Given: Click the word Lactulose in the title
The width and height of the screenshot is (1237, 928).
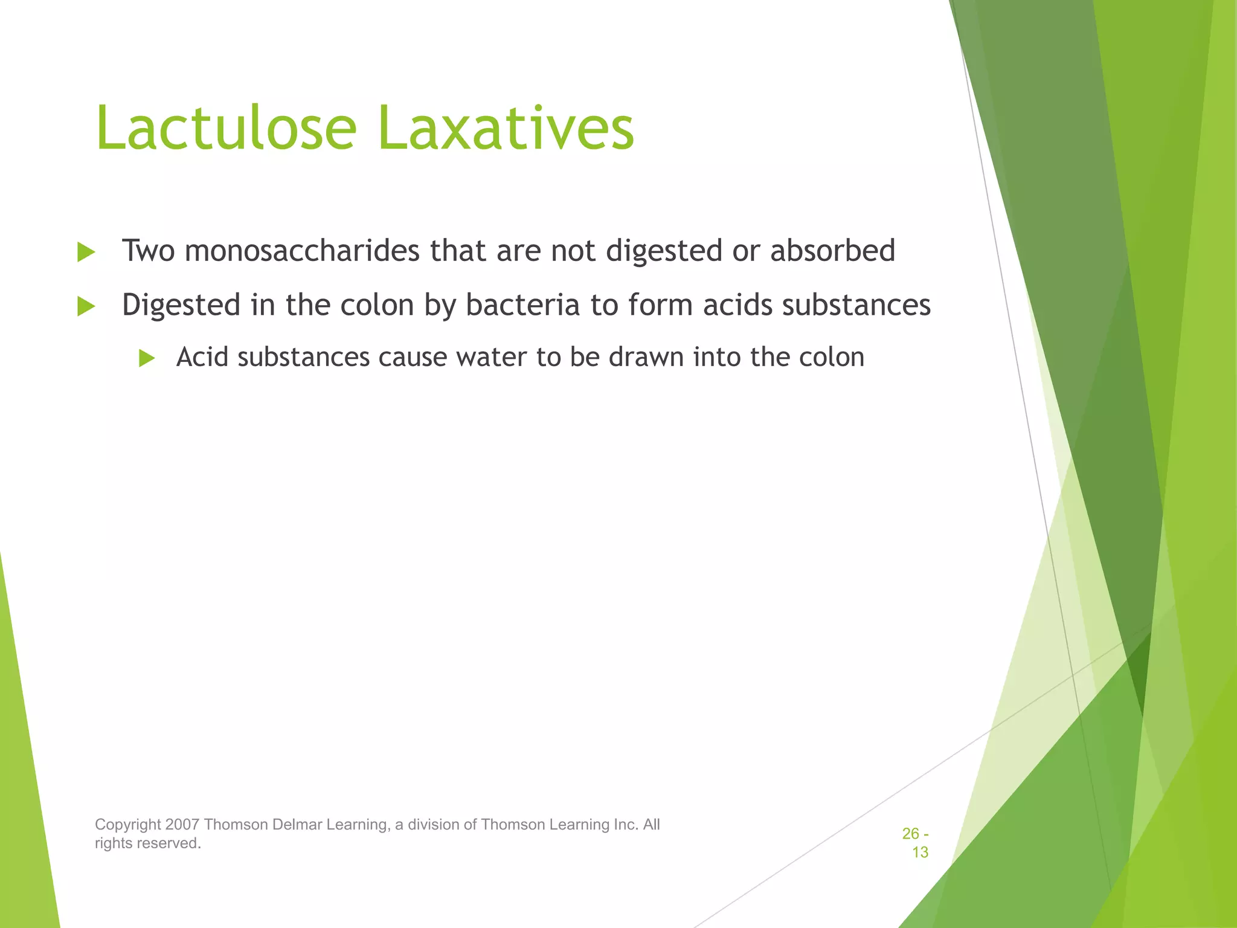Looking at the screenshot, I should (227, 128).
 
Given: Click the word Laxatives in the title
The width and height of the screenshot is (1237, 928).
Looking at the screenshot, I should (506, 128).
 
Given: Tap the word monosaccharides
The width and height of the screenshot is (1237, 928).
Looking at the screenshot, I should (302, 251).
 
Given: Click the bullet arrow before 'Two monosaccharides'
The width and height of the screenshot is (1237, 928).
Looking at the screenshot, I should (86, 253).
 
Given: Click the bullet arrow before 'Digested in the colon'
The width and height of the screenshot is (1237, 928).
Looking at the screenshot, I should (86, 306).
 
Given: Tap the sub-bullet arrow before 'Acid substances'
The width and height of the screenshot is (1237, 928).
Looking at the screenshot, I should (147, 358).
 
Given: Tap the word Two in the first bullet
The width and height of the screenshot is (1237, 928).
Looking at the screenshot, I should (148, 251).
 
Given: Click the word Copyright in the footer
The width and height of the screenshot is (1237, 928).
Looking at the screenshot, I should (128, 825).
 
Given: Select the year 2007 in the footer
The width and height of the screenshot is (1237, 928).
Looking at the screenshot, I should (182, 825).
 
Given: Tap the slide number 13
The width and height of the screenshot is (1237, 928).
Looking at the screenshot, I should (920, 852).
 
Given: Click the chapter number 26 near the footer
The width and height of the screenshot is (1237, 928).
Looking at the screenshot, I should (910, 834).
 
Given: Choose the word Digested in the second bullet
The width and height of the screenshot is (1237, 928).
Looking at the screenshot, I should (181, 305).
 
